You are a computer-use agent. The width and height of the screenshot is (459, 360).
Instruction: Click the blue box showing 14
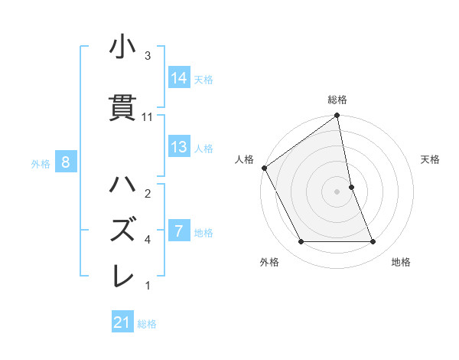[x=179, y=77]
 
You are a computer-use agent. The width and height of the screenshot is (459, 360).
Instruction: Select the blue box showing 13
[x=179, y=147]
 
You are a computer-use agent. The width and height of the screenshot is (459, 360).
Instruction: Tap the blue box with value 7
[x=179, y=231]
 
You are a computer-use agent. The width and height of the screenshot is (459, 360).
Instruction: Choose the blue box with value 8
[x=66, y=162]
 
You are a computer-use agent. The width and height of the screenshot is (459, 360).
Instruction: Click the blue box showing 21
[x=122, y=322]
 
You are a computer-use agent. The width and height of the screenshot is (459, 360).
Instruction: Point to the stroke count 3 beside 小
[x=148, y=55]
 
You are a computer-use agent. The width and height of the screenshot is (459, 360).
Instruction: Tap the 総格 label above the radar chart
[x=337, y=100]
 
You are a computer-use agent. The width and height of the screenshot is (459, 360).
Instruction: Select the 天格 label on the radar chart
[x=430, y=159]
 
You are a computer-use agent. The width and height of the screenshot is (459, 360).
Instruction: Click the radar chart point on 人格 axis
[x=265, y=168]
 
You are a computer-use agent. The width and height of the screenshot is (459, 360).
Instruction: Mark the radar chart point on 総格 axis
[x=337, y=116]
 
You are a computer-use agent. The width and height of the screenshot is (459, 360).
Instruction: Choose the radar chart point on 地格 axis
[x=373, y=242]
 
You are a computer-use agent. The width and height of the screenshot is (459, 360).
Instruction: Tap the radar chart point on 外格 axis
[x=301, y=242]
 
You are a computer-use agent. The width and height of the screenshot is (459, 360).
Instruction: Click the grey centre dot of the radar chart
[x=337, y=191]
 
